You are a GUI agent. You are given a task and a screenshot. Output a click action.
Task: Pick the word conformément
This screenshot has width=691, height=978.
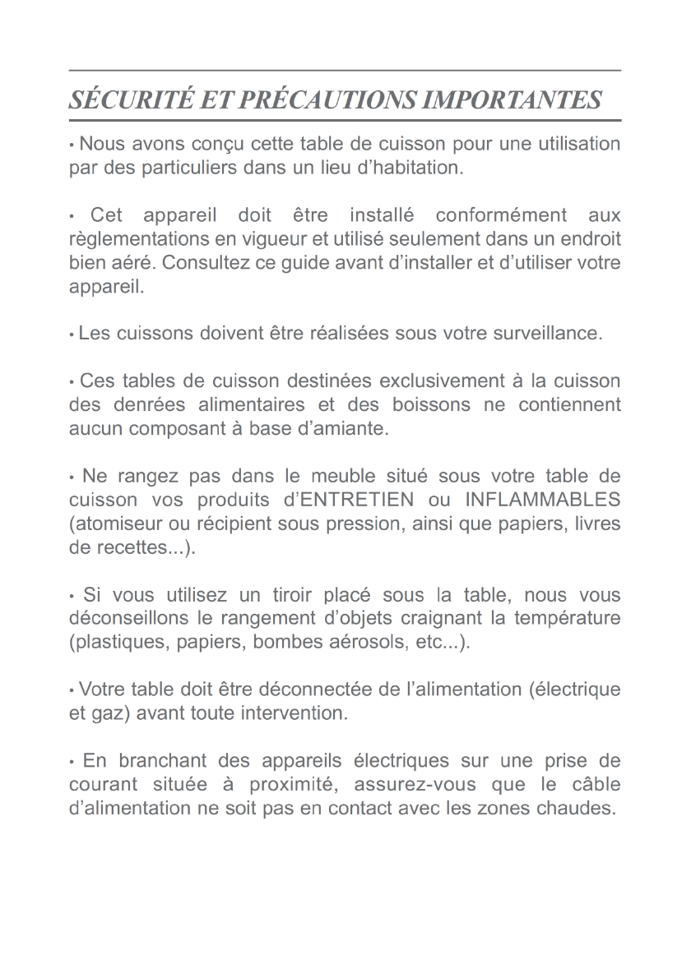click(x=501, y=216)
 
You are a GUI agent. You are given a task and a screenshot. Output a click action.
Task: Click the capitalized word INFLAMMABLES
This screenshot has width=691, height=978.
click(x=542, y=501)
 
